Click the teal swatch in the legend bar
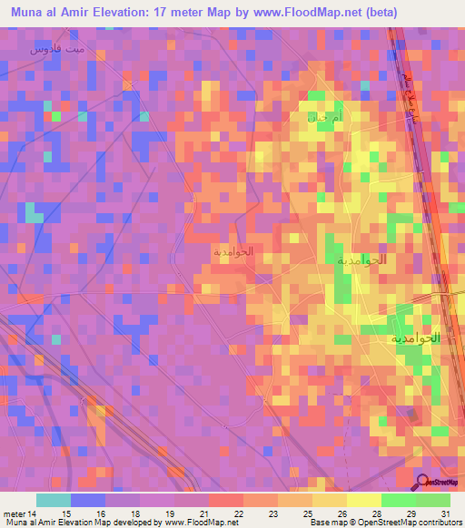(x=54, y=500)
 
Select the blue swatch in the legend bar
(x=88, y=500)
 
